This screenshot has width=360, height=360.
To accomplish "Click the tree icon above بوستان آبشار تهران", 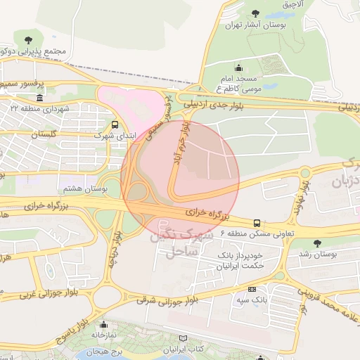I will click(x=254, y=14).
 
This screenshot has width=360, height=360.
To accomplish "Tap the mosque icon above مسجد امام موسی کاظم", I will click(x=239, y=67).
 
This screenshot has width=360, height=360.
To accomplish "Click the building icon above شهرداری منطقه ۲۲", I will click(x=39, y=98).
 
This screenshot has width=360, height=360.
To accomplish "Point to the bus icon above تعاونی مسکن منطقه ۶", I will click(x=257, y=221).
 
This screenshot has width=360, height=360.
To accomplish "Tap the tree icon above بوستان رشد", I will click(x=318, y=243).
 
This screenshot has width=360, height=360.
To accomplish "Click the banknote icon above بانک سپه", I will click(x=252, y=290).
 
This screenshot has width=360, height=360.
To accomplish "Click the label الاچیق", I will click(x=295, y=4).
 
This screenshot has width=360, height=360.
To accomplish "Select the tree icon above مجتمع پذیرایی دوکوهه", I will click(x=28, y=39).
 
